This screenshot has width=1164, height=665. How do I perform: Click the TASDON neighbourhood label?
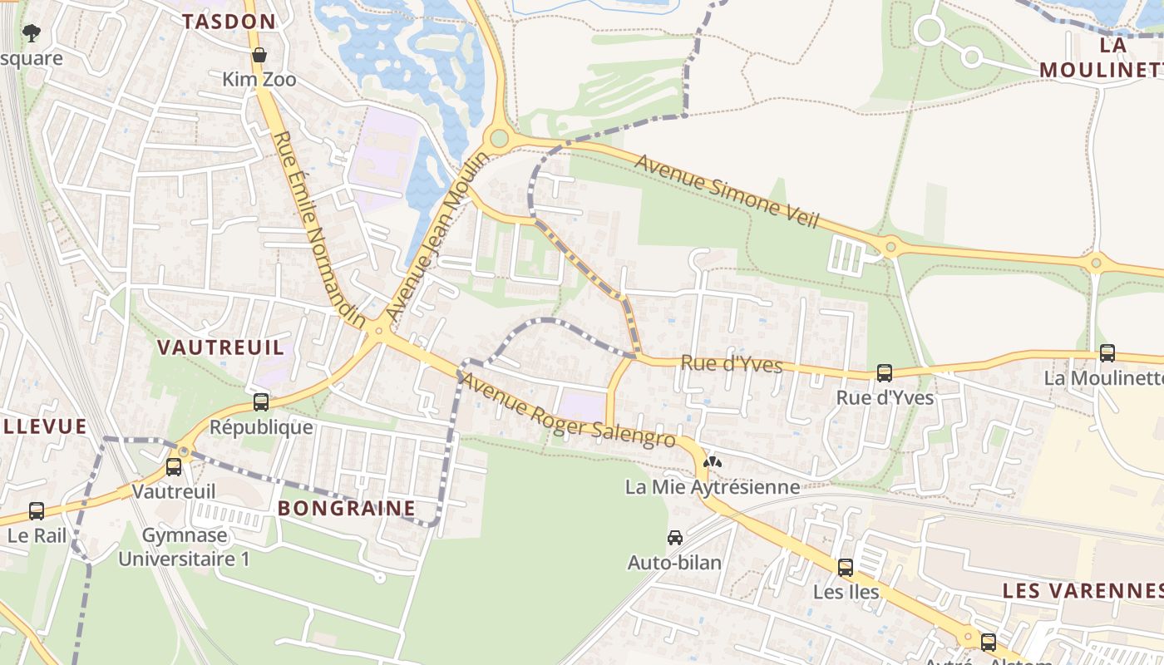coord(229,22)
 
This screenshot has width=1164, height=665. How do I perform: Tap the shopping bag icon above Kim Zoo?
coord(259,55)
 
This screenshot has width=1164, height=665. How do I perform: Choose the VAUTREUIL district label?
coord(221,347)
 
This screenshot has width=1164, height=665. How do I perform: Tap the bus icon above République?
coord(261,402)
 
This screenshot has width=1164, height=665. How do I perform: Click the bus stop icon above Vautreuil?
coord(174,467)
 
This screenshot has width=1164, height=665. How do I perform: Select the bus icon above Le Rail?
coord(37,510)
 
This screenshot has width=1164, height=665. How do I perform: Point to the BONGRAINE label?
coord(346,508)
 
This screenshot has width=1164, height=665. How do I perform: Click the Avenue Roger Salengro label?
coord(568,411)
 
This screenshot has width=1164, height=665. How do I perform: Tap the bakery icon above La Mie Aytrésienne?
coord(713,462)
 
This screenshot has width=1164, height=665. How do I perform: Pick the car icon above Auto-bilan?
coord(674,538)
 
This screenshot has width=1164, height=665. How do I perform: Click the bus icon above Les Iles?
coord(846,568)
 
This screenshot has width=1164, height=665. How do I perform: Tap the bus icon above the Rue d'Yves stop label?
coord(885,373)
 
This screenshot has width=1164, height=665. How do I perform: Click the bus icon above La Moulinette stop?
coord(1107,352)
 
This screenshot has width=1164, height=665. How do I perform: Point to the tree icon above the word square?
coord(32,33)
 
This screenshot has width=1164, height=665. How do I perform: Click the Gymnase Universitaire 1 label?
coord(184,547)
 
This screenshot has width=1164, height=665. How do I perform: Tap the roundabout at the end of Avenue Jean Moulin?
coord(499,138)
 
